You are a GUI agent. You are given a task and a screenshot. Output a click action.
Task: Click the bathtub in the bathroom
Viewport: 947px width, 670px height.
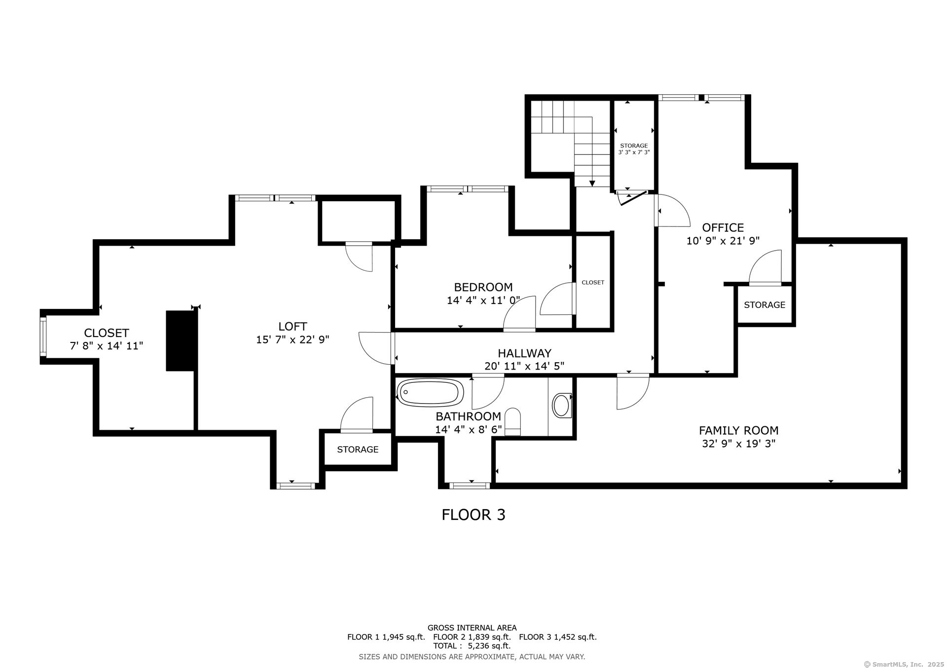coord(431,393)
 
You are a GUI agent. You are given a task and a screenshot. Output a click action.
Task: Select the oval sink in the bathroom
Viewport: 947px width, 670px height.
coord(561,406)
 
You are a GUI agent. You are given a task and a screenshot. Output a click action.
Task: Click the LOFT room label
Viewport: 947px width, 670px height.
coord(292,326)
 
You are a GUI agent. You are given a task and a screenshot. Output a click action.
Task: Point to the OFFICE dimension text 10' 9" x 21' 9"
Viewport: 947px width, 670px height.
coord(723,241)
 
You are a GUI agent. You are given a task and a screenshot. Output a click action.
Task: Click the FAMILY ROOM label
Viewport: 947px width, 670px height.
coord(738,430)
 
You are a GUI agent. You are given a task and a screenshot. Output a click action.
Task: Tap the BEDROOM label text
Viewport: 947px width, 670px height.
coord(483,287)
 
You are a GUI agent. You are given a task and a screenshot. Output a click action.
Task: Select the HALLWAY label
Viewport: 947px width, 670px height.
coord(524,353)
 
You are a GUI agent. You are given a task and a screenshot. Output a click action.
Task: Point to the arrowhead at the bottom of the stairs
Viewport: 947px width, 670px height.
coord(592,183)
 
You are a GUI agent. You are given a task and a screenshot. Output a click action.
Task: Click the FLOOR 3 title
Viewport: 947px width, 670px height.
coord(473,515)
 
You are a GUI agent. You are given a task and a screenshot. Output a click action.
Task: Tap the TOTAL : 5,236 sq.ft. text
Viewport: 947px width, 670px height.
coord(472,646)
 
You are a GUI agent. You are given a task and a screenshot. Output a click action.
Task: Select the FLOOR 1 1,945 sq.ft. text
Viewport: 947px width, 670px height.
coord(386,637)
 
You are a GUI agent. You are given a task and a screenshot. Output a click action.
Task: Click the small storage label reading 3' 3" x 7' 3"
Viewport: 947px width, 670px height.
coord(634,152)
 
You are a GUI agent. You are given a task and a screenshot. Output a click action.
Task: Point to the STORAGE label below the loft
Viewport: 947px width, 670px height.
coord(358,449)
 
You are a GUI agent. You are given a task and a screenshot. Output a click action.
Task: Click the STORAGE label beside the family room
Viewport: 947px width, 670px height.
coord(765,305)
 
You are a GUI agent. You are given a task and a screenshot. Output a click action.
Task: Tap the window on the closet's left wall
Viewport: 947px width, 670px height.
coord(43,337)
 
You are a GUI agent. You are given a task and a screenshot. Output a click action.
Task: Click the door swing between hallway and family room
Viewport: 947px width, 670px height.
coord(632,392)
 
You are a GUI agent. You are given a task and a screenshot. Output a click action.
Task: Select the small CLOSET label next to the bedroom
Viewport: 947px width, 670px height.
coord(593,283)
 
